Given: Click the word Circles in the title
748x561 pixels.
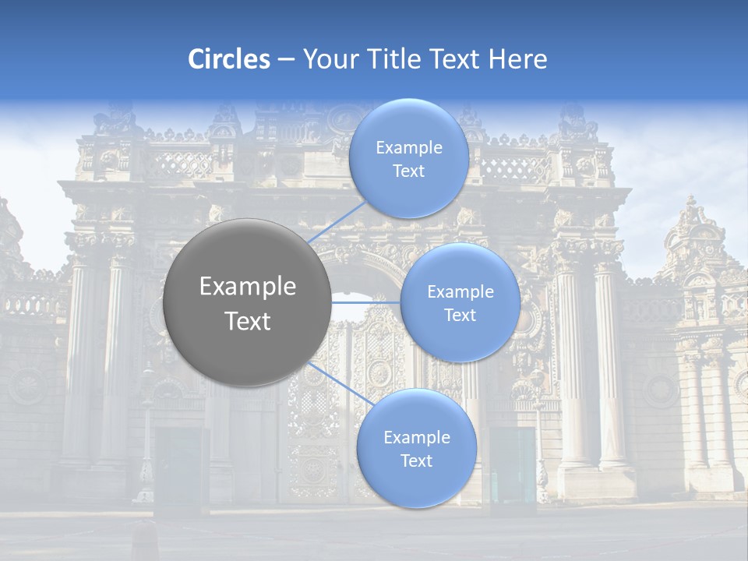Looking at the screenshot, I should tap(228, 59).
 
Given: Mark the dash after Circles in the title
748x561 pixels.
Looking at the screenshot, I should tap(286, 60).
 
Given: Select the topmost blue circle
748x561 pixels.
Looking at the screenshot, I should tap(408, 158).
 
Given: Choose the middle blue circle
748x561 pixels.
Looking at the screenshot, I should tap(460, 302).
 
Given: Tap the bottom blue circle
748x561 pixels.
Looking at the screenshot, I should tap(416, 448).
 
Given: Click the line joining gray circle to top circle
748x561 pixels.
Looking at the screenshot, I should tap(337, 221).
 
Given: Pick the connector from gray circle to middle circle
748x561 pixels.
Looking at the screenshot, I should tap(366, 302).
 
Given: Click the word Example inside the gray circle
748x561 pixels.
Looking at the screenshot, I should tap(248, 287).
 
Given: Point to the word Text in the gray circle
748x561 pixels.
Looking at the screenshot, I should tap(248, 321).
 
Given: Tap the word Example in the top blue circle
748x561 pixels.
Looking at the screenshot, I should tap(408, 147).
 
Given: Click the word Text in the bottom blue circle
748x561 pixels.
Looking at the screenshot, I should tap(416, 460).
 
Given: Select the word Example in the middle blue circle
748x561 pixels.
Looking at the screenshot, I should tap(460, 292).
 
